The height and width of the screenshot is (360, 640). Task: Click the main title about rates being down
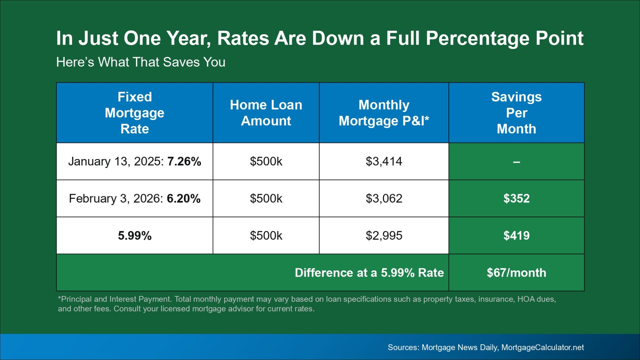click(x=320, y=38)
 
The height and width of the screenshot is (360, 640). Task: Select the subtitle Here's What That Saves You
click(x=141, y=62)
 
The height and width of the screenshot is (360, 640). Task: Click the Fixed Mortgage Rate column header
click(x=135, y=113)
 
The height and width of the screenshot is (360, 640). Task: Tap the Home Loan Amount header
click(x=266, y=113)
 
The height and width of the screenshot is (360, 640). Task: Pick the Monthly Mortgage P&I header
click(x=384, y=113)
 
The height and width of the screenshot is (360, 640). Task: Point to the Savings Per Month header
click(x=516, y=113)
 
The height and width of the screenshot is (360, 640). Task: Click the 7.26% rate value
click(x=184, y=161)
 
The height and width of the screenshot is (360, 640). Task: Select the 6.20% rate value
click(x=184, y=198)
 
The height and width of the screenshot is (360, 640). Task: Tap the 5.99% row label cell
click(x=135, y=236)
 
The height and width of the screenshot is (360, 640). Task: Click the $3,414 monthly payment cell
click(x=384, y=161)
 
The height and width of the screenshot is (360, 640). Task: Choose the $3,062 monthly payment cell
click(x=384, y=198)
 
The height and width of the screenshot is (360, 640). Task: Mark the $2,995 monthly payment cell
click(x=384, y=236)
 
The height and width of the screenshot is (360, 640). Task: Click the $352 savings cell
click(x=516, y=198)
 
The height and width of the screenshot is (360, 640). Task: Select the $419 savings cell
click(x=516, y=236)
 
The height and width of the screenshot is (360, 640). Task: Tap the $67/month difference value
click(x=516, y=273)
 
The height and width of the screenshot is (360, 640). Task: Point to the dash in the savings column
click(x=516, y=162)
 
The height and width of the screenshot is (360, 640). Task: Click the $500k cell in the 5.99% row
click(x=266, y=236)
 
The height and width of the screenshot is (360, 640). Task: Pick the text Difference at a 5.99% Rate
click(x=369, y=273)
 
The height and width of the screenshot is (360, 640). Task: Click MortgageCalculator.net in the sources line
click(x=543, y=347)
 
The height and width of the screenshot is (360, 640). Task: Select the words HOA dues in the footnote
click(x=536, y=299)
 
